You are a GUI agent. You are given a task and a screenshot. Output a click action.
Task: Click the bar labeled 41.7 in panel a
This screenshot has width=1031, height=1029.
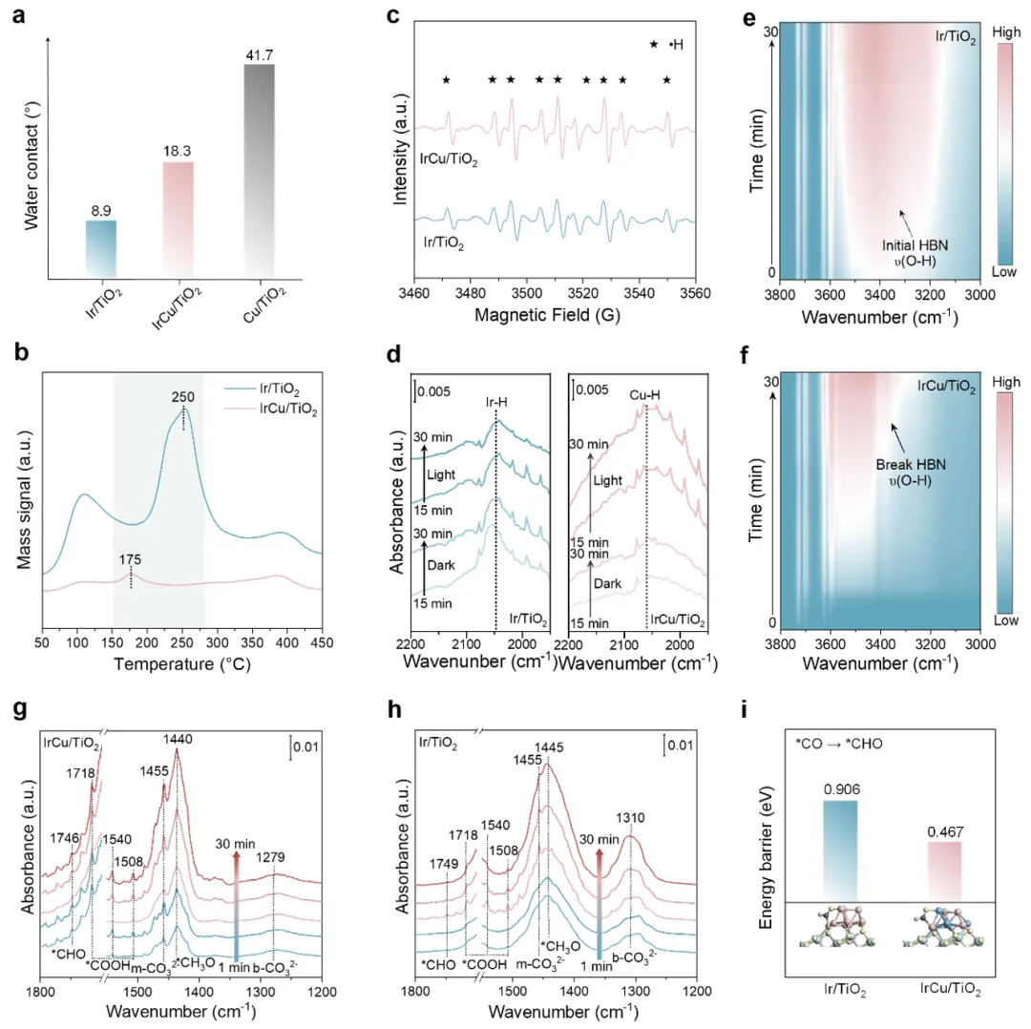click(x=259, y=171)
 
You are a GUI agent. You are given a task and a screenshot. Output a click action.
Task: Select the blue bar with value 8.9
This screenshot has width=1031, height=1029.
click(x=101, y=249)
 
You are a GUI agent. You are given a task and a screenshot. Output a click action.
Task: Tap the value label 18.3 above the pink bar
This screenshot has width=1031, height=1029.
click(x=177, y=151)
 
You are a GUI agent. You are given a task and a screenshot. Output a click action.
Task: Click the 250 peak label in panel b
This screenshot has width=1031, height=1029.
click(x=182, y=397)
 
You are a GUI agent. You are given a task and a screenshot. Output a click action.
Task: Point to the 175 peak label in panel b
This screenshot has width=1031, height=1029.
click(x=130, y=559)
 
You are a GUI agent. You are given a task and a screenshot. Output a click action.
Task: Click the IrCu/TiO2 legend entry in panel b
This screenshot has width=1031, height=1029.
click(x=288, y=409)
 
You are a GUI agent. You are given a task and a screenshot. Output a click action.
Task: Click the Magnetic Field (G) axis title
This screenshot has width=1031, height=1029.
click(x=547, y=316)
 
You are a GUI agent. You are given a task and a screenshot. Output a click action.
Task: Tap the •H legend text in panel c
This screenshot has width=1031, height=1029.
click(x=676, y=45)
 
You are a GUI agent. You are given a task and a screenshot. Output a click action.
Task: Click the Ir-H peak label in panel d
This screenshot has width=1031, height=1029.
click(x=496, y=402)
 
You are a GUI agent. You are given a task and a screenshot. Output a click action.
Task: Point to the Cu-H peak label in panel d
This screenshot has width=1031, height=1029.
click(x=644, y=395)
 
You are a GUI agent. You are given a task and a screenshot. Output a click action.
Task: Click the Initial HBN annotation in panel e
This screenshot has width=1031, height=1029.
click(x=915, y=245)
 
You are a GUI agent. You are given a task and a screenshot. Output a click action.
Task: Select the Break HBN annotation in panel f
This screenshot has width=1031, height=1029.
click(x=911, y=464)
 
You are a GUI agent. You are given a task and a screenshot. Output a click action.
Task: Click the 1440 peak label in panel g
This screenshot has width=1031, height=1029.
click(x=178, y=739)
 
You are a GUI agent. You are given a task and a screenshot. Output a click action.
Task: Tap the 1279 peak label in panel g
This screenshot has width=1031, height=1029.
click(x=269, y=857)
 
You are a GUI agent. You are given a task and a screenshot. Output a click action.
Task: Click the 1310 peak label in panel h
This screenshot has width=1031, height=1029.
click(x=630, y=818)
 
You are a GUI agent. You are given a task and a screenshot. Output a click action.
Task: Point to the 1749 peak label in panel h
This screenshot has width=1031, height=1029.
click(x=444, y=864)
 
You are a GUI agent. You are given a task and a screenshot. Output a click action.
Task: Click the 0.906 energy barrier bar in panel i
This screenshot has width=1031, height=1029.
click(x=840, y=850)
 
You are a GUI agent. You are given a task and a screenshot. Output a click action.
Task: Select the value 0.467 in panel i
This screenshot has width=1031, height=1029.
click(x=945, y=832)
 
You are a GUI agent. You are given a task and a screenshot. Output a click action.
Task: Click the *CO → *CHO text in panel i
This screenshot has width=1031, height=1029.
click(x=839, y=745)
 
